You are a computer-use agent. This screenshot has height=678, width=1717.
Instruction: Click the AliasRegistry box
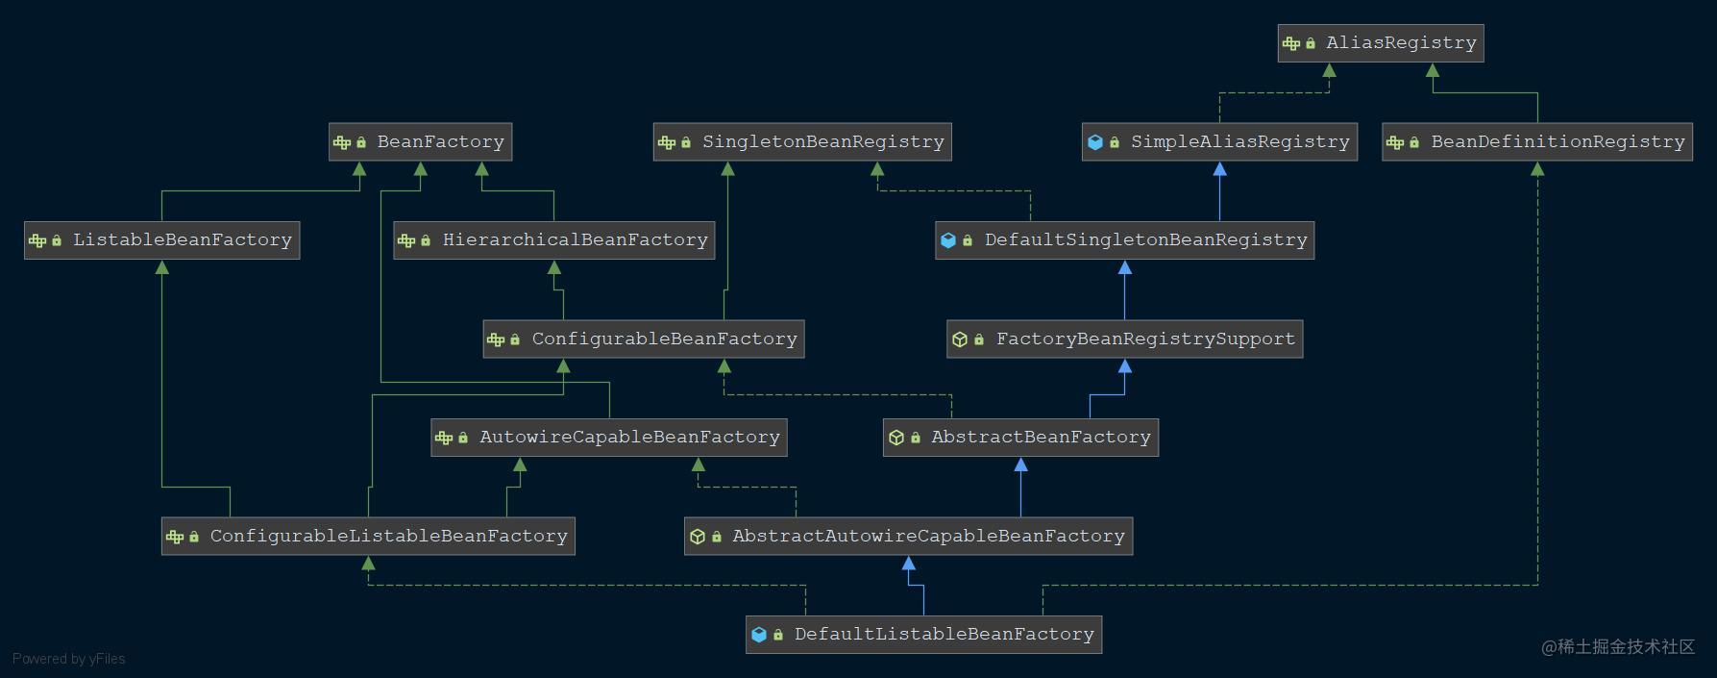point(1380,43)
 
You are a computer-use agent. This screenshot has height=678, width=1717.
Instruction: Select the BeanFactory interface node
point(420,142)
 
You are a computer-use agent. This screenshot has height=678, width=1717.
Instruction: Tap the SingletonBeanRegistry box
point(801,142)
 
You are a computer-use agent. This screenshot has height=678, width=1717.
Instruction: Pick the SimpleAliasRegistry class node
point(1218,142)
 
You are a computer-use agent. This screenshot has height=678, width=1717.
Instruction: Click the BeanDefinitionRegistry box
point(1536,142)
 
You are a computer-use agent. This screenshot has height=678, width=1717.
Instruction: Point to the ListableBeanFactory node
point(161,240)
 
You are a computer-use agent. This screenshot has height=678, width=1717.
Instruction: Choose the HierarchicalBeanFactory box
point(553,240)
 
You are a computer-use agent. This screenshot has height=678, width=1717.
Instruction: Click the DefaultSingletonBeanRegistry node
point(1124,240)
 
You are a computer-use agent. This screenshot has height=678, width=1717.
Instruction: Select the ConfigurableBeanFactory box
point(643,339)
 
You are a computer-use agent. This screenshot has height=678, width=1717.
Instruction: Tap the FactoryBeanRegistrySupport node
point(1124,339)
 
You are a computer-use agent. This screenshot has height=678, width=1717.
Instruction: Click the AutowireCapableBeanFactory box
point(608,438)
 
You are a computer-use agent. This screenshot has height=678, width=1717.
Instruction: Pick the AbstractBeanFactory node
point(1020,438)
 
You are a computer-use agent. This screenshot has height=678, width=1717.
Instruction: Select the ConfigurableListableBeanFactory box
point(368,537)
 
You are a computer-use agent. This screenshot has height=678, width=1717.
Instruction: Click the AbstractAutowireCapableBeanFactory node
point(908,537)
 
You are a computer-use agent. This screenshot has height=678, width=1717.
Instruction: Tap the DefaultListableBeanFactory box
point(923,635)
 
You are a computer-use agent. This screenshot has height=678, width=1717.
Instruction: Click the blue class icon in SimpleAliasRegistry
point(1094,142)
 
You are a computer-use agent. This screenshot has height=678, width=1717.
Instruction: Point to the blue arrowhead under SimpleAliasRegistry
point(1219,169)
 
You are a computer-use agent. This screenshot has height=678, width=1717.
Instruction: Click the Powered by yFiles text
point(68,659)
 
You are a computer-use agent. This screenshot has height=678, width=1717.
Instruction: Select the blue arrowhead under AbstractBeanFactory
point(1020,465)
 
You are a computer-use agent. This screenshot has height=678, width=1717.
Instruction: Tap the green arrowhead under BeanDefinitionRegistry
point(1537,169)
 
